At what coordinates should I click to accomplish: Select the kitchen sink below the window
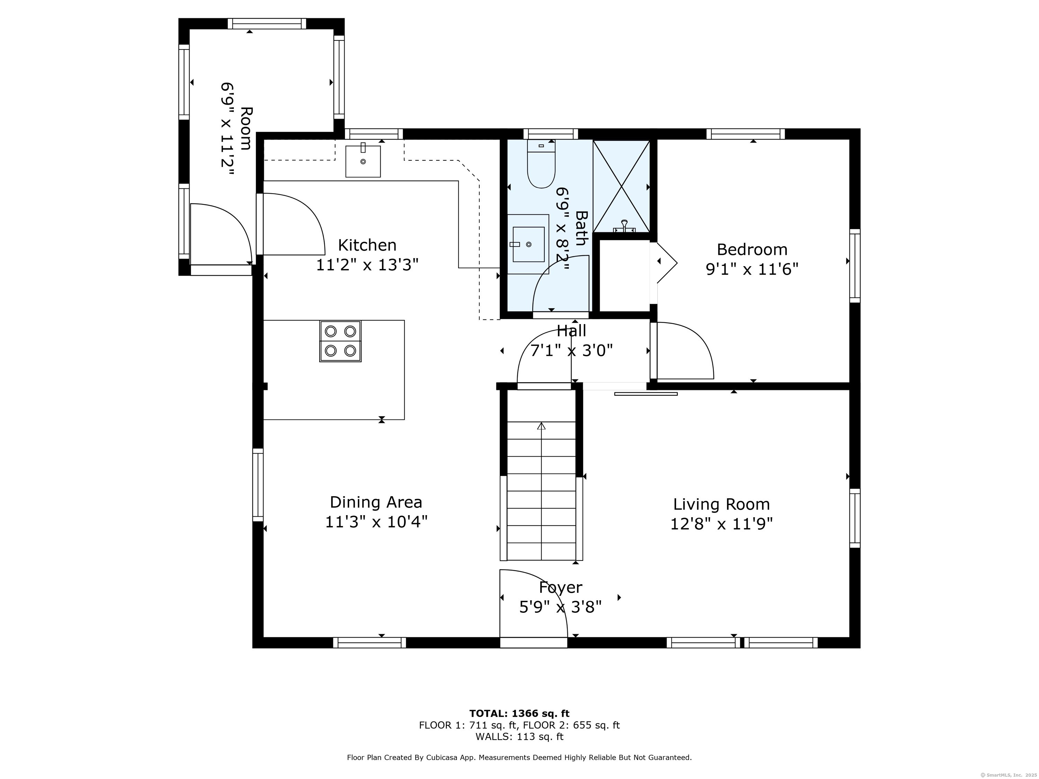[x=363, y=161]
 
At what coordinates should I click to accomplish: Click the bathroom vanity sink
[x=529, y=244]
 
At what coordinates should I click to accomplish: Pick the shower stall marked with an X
[x=621, y=186]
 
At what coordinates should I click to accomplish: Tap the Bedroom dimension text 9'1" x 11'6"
[x=752, y=269]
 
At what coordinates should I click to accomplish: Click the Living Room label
[x=721, y=504]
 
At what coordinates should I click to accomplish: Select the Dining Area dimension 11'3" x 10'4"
[x=376, y=522]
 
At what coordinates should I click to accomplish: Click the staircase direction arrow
[x=541, y=426]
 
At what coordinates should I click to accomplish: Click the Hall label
[x=571, y=331]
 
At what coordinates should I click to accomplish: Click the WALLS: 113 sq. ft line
[x=519, y=737]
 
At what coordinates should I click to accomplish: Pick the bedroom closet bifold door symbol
[x=666, y=263]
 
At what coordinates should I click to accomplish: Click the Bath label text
[x=581, y=228]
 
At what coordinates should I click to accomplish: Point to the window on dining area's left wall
[x=258, y=485]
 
